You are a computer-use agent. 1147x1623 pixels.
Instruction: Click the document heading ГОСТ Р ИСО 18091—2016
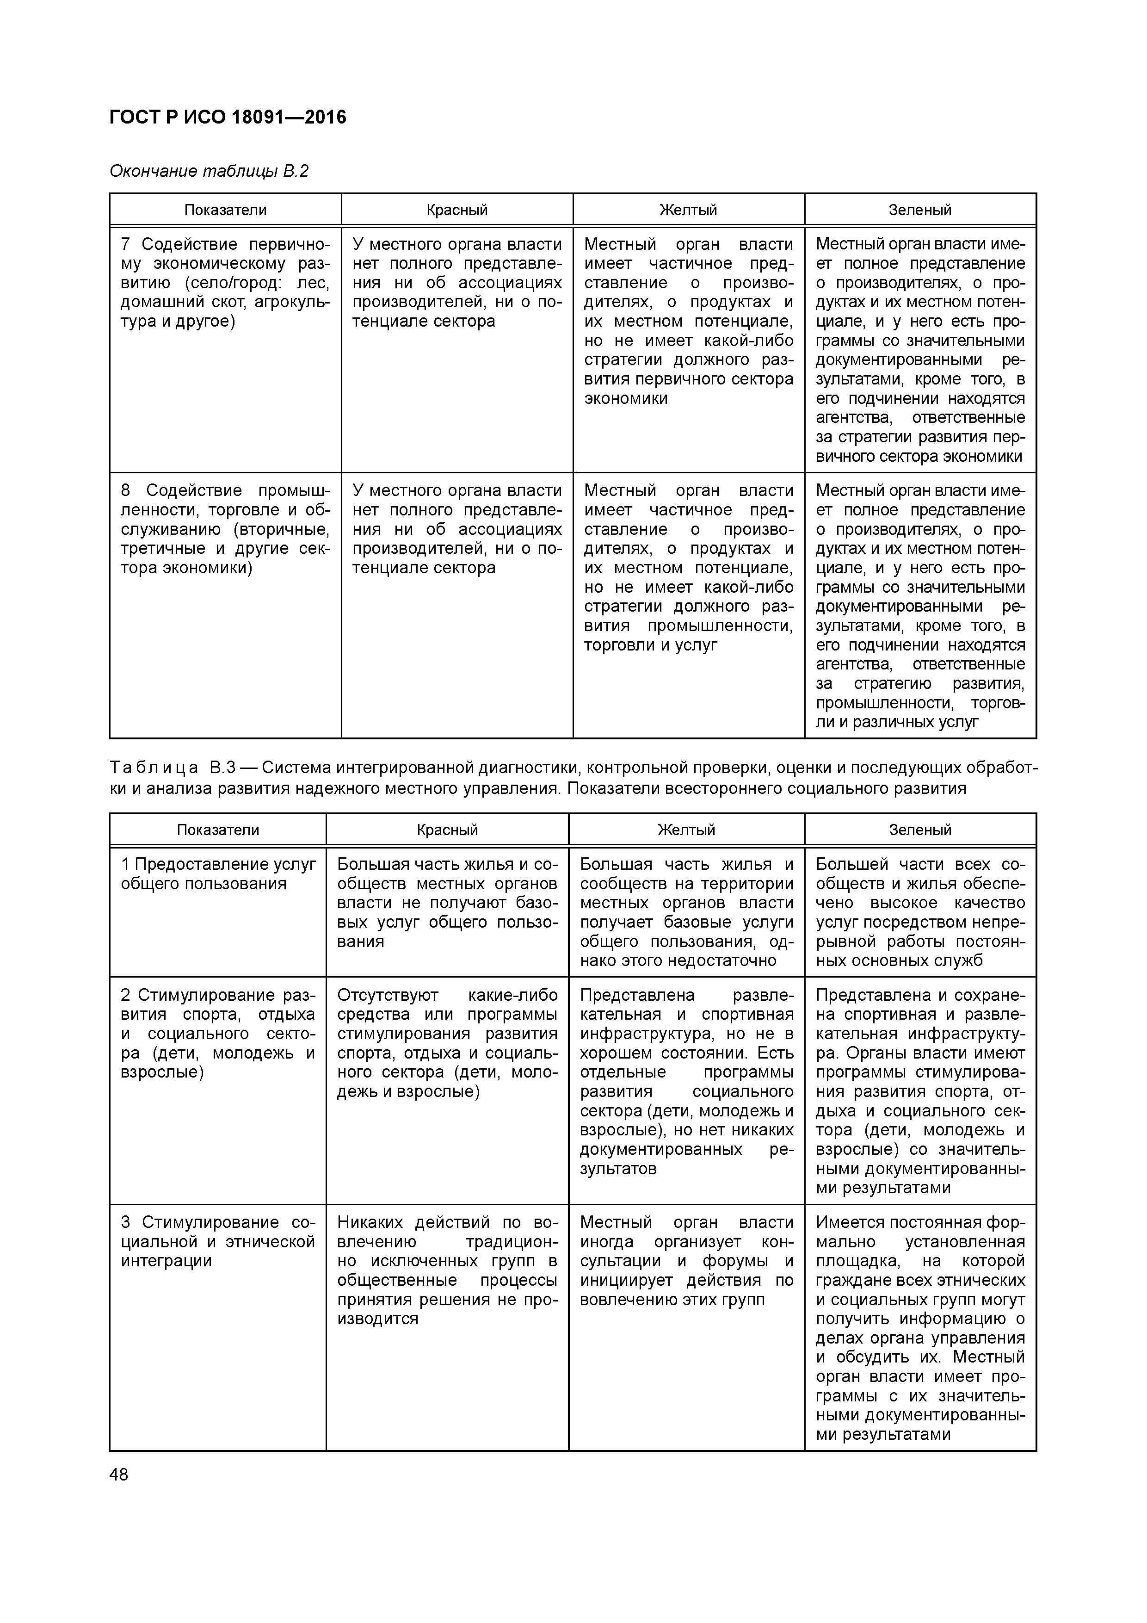[228, 118]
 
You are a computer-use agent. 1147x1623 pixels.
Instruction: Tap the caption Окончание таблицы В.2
[209, 171]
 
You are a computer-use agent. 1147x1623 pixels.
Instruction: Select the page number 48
[119, 1474]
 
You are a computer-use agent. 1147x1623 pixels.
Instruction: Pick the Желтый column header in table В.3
[686, 830]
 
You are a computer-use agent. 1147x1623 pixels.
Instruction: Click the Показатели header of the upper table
[225, 210]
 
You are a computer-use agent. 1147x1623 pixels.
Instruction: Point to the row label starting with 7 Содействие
[225, 283]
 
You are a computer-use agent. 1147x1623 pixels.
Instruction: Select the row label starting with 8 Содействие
[225, 529]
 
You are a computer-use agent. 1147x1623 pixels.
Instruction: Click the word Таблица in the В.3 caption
[154, 768]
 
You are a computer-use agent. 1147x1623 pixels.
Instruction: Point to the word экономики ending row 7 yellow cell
[625, 399]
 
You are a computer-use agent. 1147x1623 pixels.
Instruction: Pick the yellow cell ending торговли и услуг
[688, 568]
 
